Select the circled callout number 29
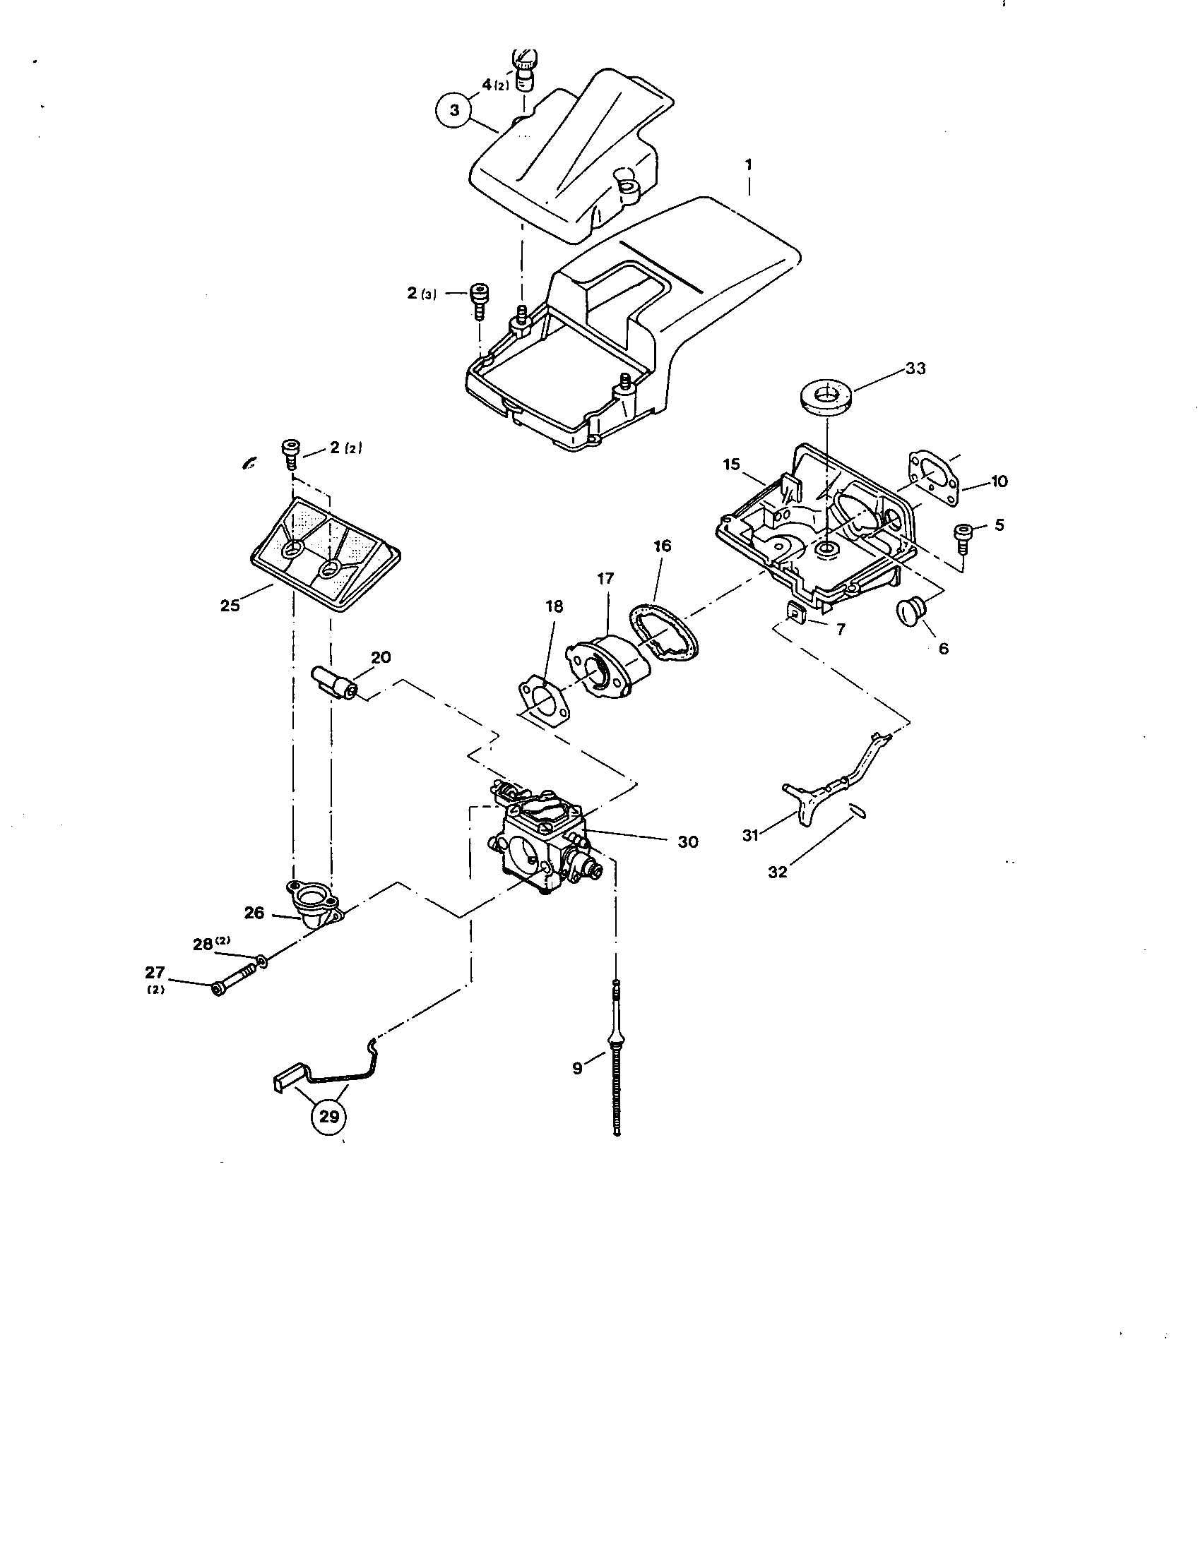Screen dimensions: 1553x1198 click(328, 1117)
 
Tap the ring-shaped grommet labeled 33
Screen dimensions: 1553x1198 click(825, 394)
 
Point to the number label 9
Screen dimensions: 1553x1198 click(577, 1067)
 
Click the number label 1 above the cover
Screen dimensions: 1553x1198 click(748, 164)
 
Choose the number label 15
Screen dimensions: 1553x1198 click(732, 464)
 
